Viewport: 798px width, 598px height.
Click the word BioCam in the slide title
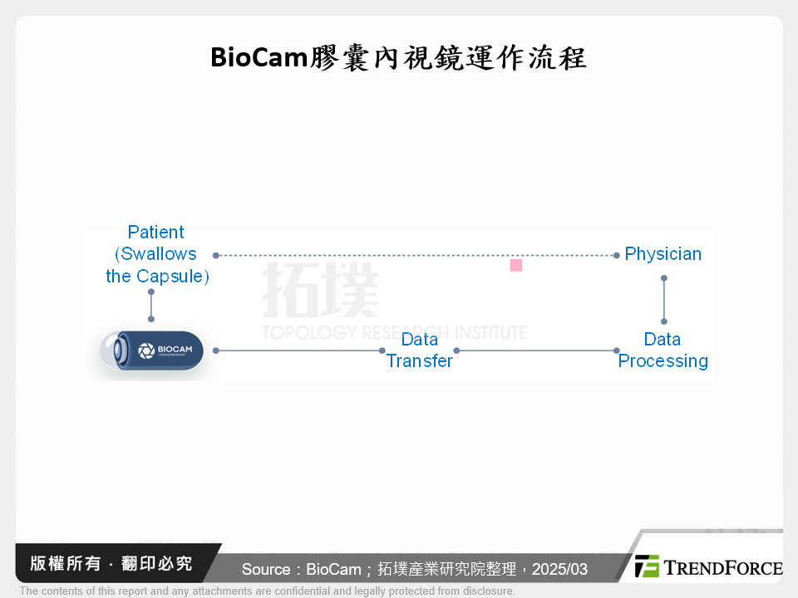point(258,57)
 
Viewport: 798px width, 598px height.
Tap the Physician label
point(663,254)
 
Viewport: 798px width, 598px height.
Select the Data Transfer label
point(420,350)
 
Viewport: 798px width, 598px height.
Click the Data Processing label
point(663,350)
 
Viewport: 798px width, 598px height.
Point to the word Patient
point(156,233)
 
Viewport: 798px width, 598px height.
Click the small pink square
point(515,265)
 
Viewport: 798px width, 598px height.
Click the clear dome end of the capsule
point(108,350)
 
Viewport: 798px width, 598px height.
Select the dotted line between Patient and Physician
point(416,255)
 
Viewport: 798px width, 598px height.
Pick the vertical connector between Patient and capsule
point(151,306)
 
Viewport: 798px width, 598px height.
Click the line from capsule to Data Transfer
point(299,350)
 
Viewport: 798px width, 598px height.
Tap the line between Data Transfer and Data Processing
point(536,350)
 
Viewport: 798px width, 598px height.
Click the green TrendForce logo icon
point(647,566)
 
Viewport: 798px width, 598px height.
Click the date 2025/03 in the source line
point(559,570)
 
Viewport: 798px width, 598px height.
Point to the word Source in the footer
point(266,570)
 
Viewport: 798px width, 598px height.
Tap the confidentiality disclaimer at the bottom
point(267,591)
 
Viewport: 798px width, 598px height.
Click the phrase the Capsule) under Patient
point(158,277)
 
